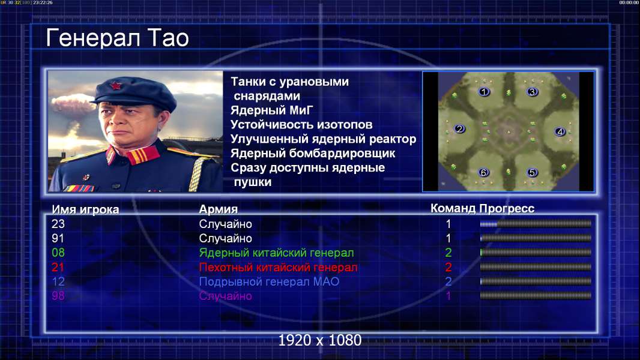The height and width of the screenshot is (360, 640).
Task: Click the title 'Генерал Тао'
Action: (117, 38)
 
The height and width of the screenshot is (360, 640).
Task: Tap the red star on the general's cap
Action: (115, 86)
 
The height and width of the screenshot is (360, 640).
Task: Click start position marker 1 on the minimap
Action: (484, 92)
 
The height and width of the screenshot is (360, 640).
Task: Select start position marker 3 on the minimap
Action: (532, 92)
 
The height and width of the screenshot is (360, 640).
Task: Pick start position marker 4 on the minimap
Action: (560, 131)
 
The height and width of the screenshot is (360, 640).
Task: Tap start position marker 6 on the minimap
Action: (484, 172)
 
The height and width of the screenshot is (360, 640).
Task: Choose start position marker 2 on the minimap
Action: (460, 129)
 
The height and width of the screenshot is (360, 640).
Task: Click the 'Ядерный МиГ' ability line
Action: (271, 110)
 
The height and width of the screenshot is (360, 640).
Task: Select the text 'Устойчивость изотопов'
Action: (301, 125)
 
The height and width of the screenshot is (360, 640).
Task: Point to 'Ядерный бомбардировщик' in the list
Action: (313, 154)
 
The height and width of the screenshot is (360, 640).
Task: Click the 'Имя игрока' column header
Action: (85, 209)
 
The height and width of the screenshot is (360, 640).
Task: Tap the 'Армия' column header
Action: (219, 209)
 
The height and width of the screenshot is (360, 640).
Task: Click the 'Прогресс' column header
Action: (507, 209)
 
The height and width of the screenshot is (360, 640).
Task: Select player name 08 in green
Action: (58, 253)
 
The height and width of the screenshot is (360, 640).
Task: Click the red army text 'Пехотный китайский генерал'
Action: (279, 268)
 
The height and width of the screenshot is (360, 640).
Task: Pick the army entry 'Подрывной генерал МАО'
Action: (269, 282)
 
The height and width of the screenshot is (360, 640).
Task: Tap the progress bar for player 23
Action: (536, 224)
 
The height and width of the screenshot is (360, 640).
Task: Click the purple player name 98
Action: (58, 296)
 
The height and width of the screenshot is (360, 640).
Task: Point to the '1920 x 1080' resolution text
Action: (319, 340)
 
